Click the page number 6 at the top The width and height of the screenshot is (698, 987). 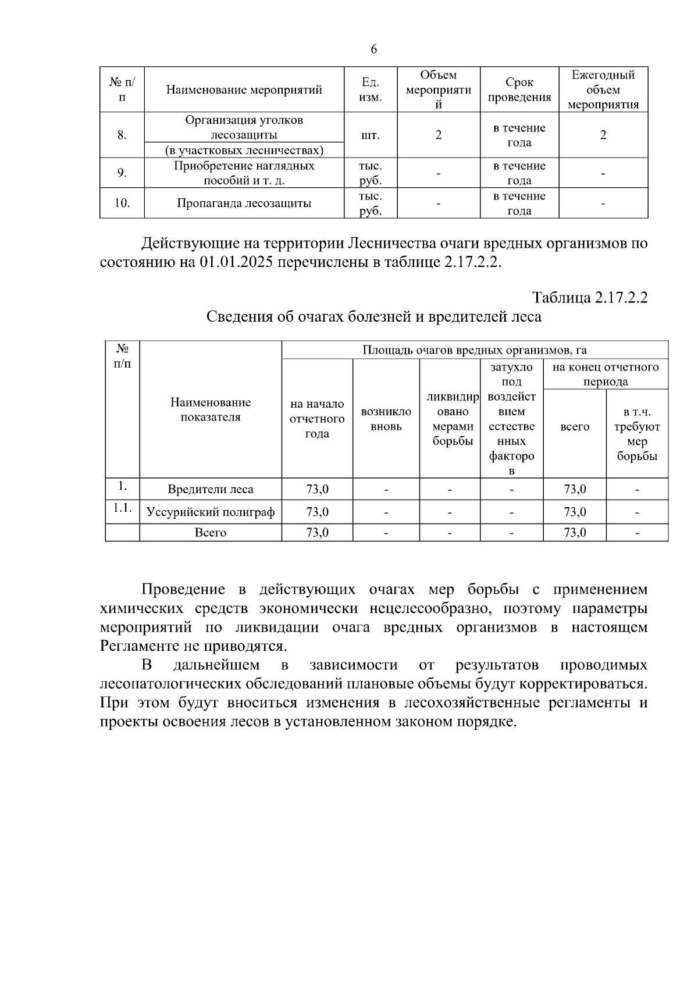click(373, 49)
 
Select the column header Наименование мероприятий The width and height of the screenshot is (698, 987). click(244, 90)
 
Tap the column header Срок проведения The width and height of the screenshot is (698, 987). click(519, 90)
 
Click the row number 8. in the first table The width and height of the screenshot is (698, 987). click(122, 135)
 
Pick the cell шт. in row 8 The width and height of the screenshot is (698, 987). click(371, 135)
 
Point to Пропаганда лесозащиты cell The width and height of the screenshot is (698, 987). click(244, 203)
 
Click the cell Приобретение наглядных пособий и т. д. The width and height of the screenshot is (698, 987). click(244, 173)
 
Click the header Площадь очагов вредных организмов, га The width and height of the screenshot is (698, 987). click(474, 350)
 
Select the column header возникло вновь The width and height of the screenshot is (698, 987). click(386, 419)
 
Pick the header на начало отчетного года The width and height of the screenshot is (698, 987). click(317, 419)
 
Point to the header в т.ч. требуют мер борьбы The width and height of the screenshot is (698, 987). click(636, 434)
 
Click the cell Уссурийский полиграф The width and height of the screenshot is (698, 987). click(211, 512)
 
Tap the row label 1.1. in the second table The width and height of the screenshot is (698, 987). click(122, 508)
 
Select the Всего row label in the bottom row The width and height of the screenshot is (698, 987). click(211, 533)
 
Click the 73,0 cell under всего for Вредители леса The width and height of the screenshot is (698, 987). click(574, 490)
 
